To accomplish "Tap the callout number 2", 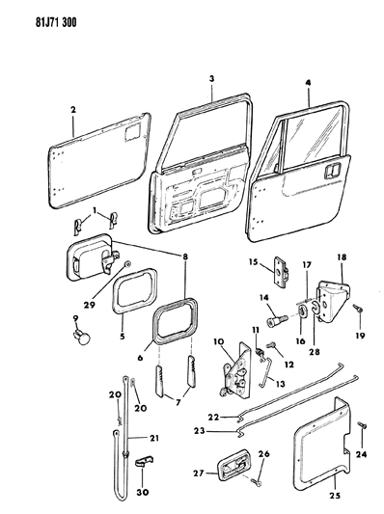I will tap(72, 111).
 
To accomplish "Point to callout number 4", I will tap(307, 82).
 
